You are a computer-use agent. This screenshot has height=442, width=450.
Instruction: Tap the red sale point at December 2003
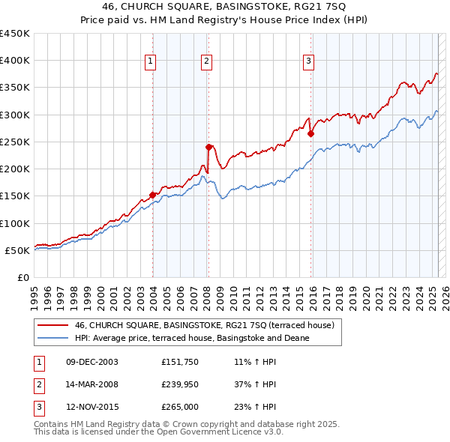coord(153,195)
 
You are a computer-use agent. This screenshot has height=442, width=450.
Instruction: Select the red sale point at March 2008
coord(208,147)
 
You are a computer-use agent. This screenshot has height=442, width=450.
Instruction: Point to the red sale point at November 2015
coord(310,134)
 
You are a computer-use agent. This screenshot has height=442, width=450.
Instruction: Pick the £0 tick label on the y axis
coord(23,277)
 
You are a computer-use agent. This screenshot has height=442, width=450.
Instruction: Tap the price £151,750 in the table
coord(178,363)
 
